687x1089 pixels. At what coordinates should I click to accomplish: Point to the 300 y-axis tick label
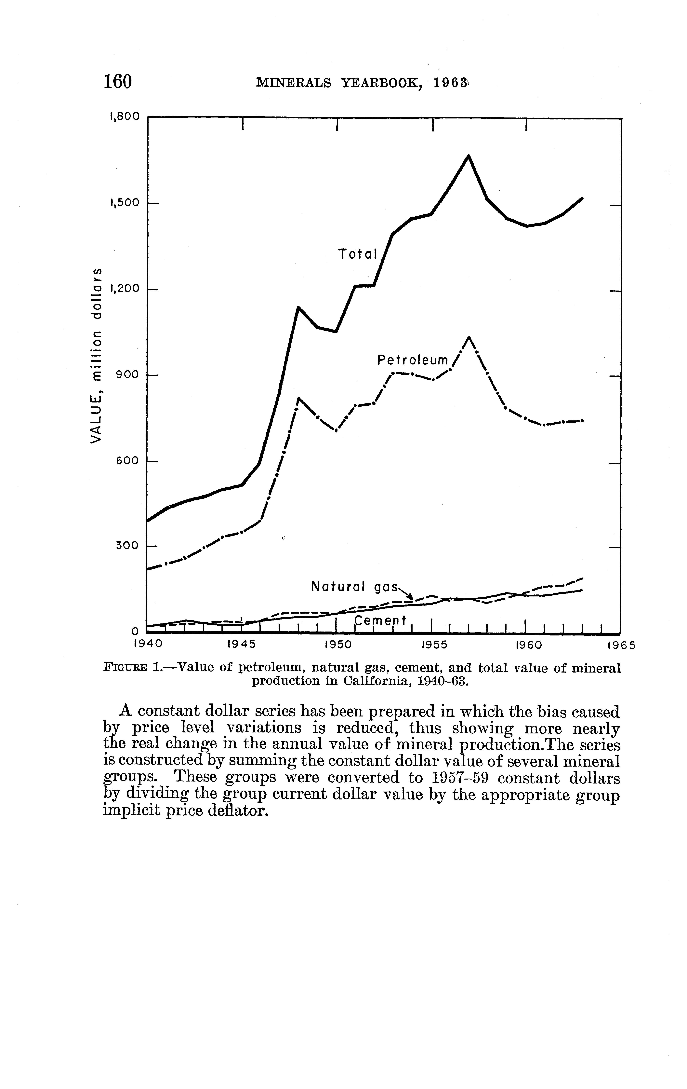click(x=127, y=545)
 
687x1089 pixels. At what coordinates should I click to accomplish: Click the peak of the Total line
click(x=469, y=156)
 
